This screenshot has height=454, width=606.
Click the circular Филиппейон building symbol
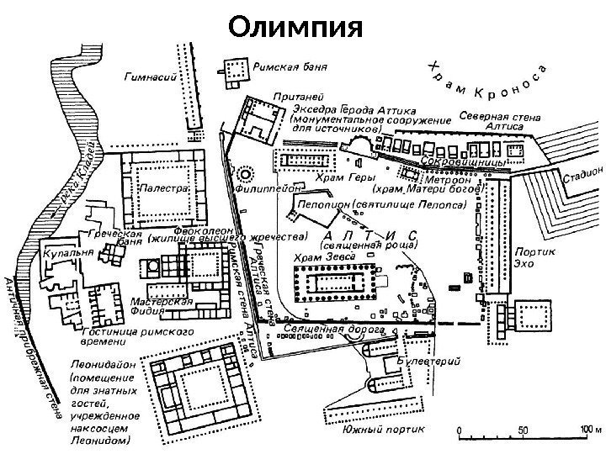pyautogui.click(x=247, y=175)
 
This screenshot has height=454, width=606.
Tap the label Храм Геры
pyautogui.click(x=338, y=177)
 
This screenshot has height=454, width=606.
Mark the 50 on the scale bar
pyautogui.click(x=524, y=430)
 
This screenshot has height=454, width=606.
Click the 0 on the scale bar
pyautogui.click(x=460, y=430)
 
